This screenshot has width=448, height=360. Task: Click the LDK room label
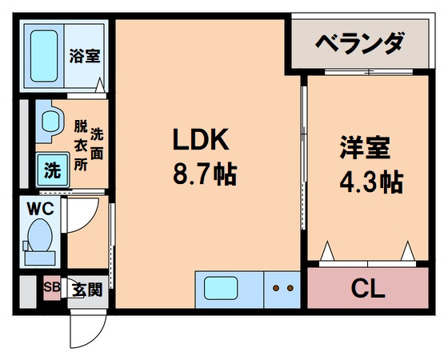coord(202,141)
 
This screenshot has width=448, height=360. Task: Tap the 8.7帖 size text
coord(204,174)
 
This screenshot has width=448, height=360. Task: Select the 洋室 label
coord(364,150)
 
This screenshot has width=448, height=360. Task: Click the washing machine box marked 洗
coord(51,170)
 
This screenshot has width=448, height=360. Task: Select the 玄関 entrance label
coord(86,290)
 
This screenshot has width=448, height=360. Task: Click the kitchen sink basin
coord(218,288)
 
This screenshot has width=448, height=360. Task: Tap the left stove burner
coord(276,288)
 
